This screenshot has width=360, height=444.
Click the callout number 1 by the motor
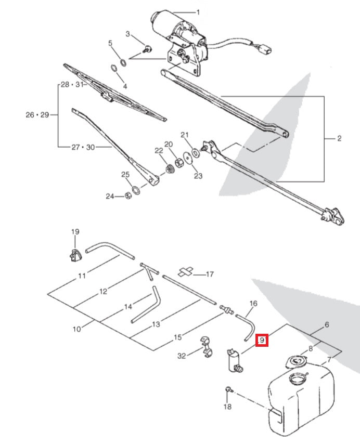[198, 12]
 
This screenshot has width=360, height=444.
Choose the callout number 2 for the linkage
[339, 138]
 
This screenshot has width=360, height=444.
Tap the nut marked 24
[127, 196]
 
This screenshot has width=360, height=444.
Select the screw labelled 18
[228, 389]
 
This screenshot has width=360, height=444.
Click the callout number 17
[210, 274]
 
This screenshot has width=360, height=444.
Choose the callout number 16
[253, 303]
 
